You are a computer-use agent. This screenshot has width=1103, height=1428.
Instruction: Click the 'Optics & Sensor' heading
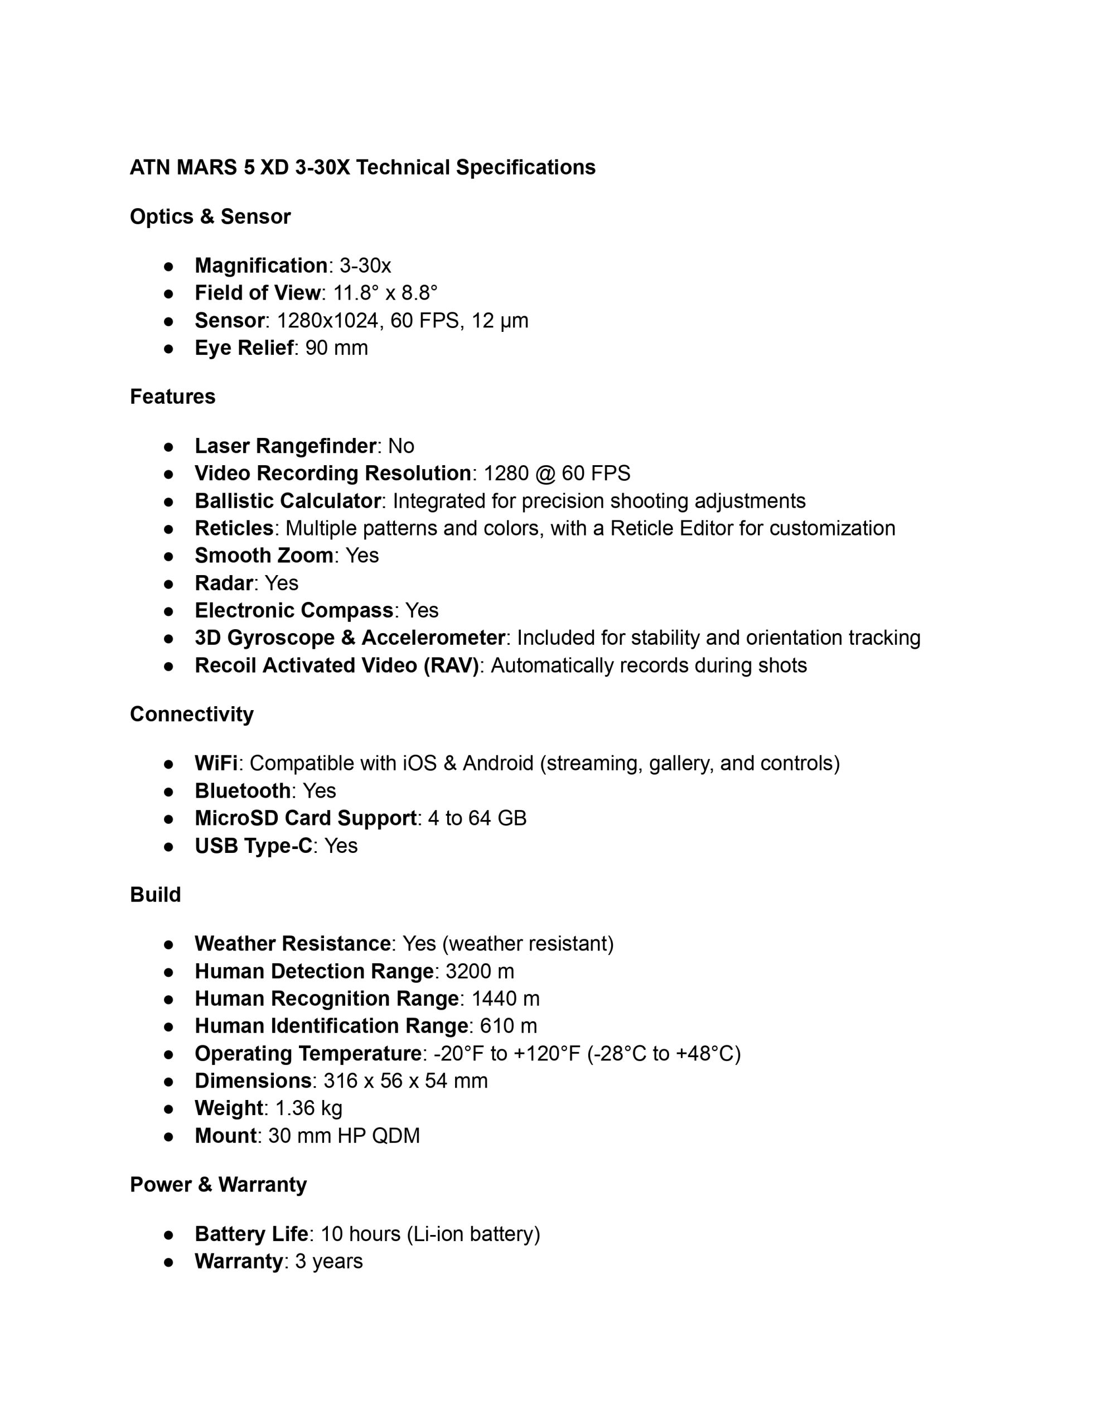click(x=210, y=216)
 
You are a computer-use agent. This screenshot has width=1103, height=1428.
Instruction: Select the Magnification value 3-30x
click(x=365, y=266)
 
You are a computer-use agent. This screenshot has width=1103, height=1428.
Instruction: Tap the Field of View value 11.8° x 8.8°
click(x=385, y=293)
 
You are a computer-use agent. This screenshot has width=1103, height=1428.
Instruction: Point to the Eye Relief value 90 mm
click(x=336, y=348)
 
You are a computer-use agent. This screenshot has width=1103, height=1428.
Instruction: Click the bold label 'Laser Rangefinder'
click(x=285, y=446)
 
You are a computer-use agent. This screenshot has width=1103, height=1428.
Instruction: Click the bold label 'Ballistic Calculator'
click(x=288, y=501)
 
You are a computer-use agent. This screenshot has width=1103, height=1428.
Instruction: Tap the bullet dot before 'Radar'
click(x=169, y=583)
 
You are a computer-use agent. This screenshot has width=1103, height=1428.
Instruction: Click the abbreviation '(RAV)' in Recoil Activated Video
click(x=451, y=665)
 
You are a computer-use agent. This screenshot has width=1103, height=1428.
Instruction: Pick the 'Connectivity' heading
click(x=192, y=714)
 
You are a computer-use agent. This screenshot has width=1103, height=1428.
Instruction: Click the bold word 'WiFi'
click(x=216, y=763)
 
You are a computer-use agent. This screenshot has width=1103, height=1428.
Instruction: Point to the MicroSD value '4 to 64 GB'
click(x=477, y=818)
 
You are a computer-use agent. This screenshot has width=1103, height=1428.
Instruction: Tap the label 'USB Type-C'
click(x=254, y=846)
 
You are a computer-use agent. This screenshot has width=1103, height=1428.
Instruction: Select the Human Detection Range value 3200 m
click(x=480, y=972)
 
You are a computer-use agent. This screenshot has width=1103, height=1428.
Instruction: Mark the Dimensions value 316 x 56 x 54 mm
click(x=405, y=1081)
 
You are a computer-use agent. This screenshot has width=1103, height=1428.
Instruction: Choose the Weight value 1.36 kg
click(x=308, y=1108)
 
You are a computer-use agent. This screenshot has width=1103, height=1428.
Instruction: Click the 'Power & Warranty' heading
click(x=219, y=1185)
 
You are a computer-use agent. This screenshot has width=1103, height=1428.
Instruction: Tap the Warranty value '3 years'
click(x=329, y=1261)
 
